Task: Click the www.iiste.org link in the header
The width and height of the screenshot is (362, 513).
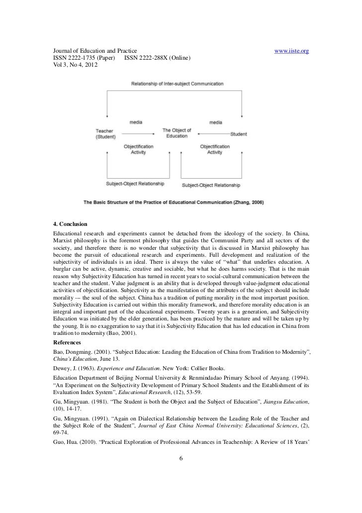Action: tap(292, 51)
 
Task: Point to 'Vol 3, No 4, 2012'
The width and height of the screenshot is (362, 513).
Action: tap(73, 65)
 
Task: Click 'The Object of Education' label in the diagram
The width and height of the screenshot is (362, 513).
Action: tap(177, 133)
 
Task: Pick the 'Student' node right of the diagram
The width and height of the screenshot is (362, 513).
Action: tap(239, 133)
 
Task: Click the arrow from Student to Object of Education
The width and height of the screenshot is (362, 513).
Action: tap(213, 133)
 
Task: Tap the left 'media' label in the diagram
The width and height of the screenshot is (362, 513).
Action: tap(136, 122)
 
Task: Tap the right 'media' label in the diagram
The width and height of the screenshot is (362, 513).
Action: tap(216, 122)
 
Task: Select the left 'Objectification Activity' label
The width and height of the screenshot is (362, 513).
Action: tap(138, 149)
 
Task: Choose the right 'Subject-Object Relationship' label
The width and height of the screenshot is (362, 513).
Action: tap(211, 185)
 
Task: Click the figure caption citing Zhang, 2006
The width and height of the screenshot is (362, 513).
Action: tap(174, 202)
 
